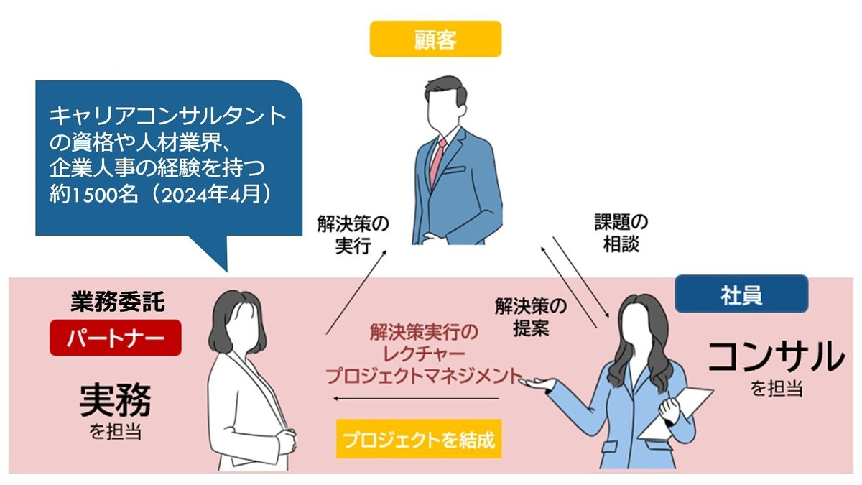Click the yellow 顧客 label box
[435, 39]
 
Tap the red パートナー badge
[116, 338]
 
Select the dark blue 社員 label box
[741, 295]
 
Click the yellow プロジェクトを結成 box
[418, 438]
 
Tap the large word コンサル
[775, 356]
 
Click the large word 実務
[115, 401]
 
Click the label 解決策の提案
[531, 317]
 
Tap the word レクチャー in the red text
[423, 354]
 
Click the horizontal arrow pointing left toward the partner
[417, 399]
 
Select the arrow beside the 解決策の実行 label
[358, 291]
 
